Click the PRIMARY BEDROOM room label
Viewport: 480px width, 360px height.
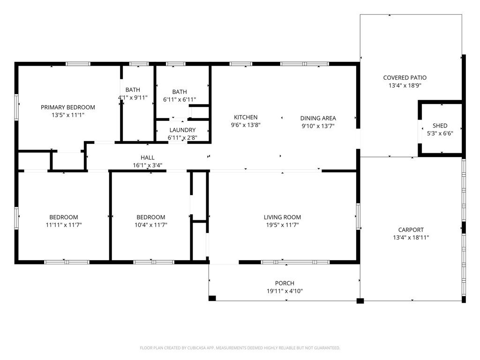tap(68, 107)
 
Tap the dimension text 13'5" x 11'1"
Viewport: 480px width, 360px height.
tap(68, 115)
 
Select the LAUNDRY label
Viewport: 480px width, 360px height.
tap(182, 130)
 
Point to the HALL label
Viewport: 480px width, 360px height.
tap(148, 157)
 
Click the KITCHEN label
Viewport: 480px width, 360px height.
tap(246, 117)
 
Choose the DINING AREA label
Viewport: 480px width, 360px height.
tap(318, 118)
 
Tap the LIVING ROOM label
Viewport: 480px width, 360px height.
tap(282, 217)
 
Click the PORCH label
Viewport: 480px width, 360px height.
tap(285, 284)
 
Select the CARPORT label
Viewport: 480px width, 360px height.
tap(411, 230)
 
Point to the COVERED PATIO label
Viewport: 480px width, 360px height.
tap(405, 78)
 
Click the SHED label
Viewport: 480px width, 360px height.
tap(440, 126)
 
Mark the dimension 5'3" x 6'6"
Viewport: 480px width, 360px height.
tap(440, 134)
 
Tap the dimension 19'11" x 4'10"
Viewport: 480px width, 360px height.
tap(285, 291)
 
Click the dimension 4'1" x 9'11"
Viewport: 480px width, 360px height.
tap(133, 97)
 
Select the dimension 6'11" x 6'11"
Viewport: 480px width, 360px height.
tap(180, 99)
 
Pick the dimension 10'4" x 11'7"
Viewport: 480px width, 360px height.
tap(151, 225)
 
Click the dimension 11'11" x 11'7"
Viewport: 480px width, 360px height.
tap(64, 225)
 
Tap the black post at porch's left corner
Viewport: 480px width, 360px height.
tap(212, 298)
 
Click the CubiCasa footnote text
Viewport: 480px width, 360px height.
tap(240, 348)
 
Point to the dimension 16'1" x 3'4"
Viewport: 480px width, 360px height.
tap(148, 165)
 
